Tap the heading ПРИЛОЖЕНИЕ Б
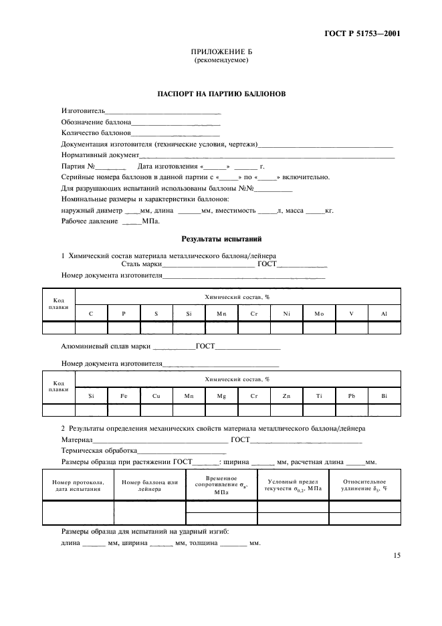pyautogui.click(x=221, y=51)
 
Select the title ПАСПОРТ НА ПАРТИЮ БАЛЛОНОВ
pyautogui.click(x=221, y=94)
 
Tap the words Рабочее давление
pyautogui.click(x=90, y=221)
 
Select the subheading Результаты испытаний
pyautogui.click(x=221, y=239)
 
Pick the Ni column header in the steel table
pyautogui.click(x=286, y=313)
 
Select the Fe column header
pyautogui.click(x=124, y=396)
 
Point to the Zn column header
pyautogui.click(x=286, y=396)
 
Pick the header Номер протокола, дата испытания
pyautogui.click(x=78, y=486)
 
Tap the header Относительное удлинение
pyautogui.click(x=364, y=486)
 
